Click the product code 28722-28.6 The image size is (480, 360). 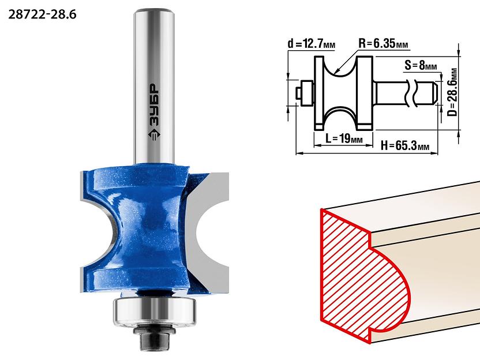pyautogui.click(x=42, y=14)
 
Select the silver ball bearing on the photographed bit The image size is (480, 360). pyautogui.click(x=154, y=311)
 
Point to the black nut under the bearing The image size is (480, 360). pyautogui.click(x=154, y=337)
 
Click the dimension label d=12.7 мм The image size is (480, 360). pyautogui.click(x=312, y=44)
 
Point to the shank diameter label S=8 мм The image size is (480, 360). pyautogui.click(x=421, y=65)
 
